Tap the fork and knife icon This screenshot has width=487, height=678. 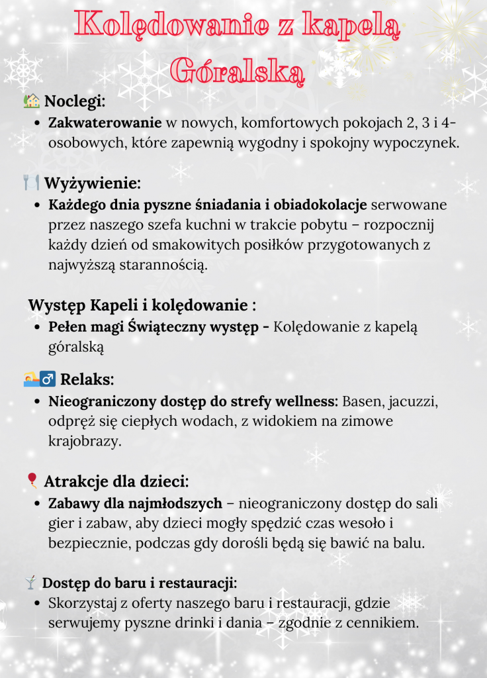pos(31,181)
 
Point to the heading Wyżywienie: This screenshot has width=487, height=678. pos(93,183)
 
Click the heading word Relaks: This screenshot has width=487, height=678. pos(87,379)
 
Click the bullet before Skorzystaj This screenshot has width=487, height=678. pos(38,604)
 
